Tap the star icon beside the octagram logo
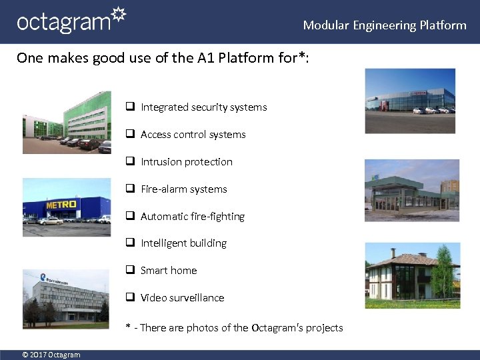pos(118,15)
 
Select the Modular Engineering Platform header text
pos(385,25)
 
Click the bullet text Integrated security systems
pos(203,107)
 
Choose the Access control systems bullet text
pos(193,135)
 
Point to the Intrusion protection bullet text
pos(186,162)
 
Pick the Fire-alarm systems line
pos(183,189)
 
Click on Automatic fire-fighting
pos(192,217)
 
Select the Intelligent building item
pos(183,243)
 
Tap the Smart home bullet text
pos(169,271)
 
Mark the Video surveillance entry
pos(182,298)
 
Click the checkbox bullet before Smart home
pos(131,271)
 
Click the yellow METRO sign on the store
pos(61,204)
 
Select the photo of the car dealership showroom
pos(410,101)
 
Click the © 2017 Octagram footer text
pos(51,355)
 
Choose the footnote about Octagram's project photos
pos(235,328)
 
